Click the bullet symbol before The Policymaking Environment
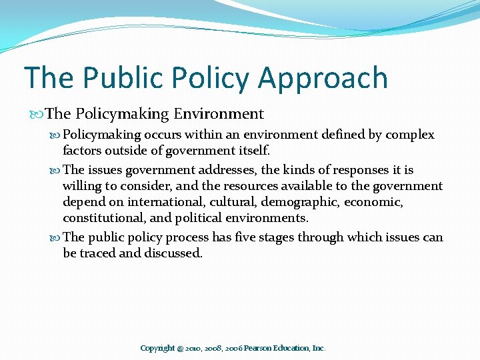tap(38, 115)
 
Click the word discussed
tap(173, 253)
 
